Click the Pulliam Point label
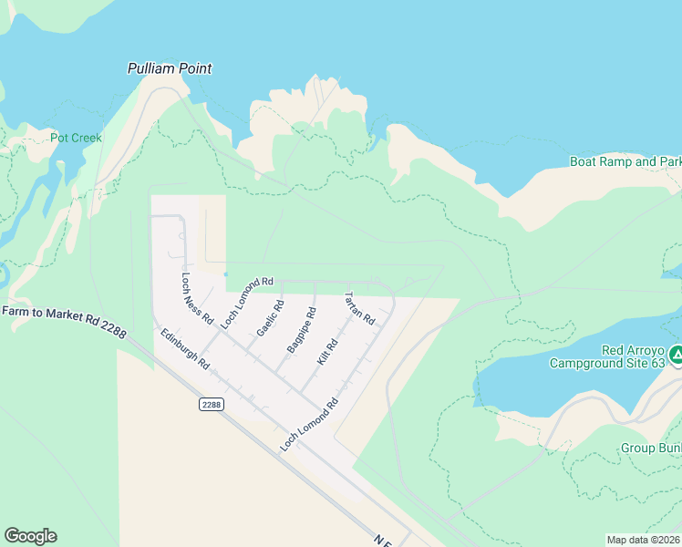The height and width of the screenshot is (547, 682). [x=169, y=68]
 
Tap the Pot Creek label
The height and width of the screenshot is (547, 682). [x=76, y=138]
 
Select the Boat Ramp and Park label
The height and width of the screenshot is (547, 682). [x=625, y=161]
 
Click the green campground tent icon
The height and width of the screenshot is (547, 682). [x=676, y=355]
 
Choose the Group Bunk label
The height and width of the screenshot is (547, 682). [x=651, y=448]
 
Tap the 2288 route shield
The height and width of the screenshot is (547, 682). [x=211, y=404]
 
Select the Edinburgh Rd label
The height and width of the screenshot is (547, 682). [x=185, y=349]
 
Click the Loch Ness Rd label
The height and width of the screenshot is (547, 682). [x=197, y=300]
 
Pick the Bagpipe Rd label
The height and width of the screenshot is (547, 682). [x=301, y=330]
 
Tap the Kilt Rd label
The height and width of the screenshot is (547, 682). [x=327, y=352]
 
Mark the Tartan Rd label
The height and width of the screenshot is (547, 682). [x=358, y=308]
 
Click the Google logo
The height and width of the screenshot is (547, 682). [x=30, y=536]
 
